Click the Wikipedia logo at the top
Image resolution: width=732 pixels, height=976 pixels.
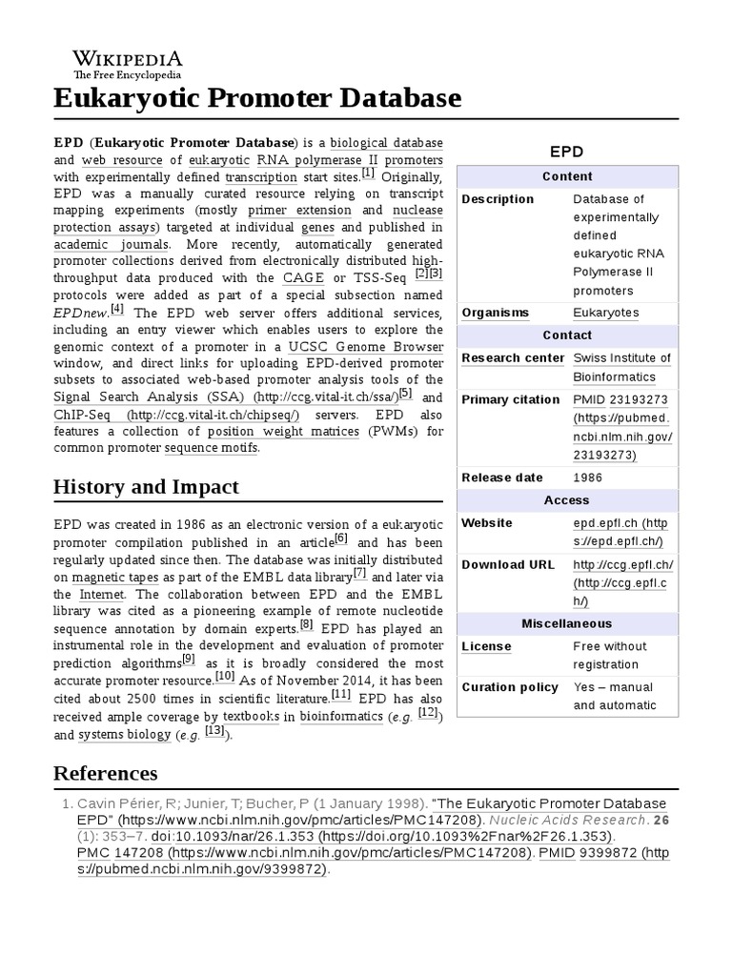coord(128,64)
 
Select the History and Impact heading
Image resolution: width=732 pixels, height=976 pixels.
coord(146,487)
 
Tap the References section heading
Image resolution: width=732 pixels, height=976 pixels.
coord(105,772)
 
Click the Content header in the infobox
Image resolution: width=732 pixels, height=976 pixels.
coord(567,176)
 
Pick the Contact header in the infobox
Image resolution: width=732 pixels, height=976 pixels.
coord(567,335)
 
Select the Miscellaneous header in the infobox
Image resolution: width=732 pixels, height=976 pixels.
coord(567,623)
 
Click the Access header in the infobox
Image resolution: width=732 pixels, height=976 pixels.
coord(567,500)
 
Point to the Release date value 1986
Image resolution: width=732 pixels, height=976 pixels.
coord(587,478)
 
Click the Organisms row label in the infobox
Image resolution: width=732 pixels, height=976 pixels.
coord(495,313)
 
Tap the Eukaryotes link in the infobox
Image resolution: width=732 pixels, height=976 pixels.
coord(605,313)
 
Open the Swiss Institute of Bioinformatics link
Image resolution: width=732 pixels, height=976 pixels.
coord(621,368)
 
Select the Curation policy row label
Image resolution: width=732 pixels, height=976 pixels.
coord(510,687)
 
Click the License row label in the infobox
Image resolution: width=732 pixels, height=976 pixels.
coord(486,646)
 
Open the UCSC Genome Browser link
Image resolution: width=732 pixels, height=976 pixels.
coord(366,345)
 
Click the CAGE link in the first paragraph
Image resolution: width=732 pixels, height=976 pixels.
coord(303,277)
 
